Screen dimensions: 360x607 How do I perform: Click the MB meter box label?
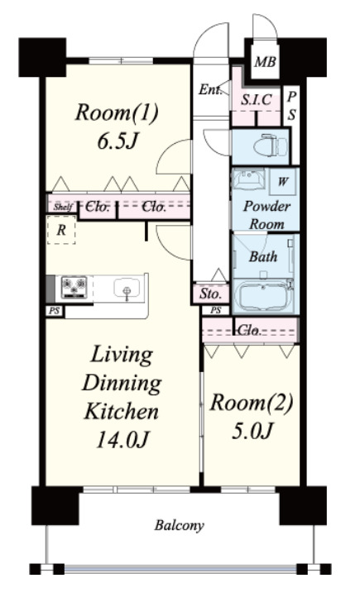pos(265,62)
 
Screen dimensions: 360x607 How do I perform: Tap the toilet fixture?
pos(270,146)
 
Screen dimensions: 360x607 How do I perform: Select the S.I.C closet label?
pos(257,99)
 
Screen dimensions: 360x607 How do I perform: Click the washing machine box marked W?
pos(283,181)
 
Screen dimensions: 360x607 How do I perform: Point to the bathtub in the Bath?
pos(263,297)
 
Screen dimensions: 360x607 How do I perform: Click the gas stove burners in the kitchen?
pos(74,287)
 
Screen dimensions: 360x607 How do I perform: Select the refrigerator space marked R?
pos(61,231)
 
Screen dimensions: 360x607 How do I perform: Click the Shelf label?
pos(63,207)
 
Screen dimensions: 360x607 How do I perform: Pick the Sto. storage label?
pos(210,294)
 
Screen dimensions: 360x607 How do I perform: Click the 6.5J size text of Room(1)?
pos(118,141)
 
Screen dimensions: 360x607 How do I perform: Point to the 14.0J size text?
pos(122,439)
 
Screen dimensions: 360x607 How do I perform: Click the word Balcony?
pos(179,525)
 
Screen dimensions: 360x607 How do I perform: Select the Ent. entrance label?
pos(209,90)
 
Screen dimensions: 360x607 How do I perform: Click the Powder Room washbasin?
pos(248,179)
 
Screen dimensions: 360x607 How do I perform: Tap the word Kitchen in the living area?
pos(122,411)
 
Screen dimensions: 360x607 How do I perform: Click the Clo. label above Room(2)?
pos(248,330)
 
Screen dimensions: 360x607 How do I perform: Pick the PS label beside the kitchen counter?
pos(55,310)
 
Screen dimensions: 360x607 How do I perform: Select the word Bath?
pos(263,256)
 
